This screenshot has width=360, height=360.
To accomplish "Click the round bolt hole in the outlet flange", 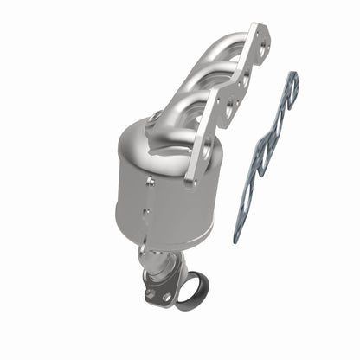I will tap(166, 297).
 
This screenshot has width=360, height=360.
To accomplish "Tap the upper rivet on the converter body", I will tap(150, 183).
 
